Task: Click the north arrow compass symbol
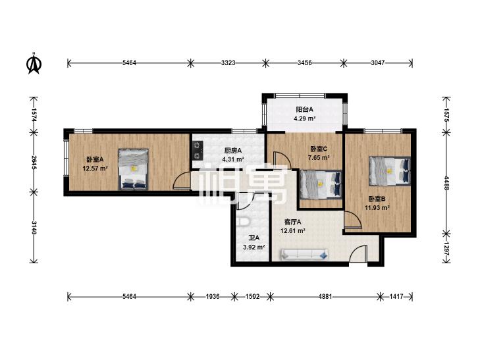pyautogui.click(x=34, y=64)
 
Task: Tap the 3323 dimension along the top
pyautogui.click(x=228, y=63)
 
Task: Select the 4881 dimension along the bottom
pyautogui.click(x=325, y=296)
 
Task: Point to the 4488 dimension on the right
pyautogui.click(x=446, y=183)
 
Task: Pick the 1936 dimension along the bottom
pyautogui.click(x=213, y=296)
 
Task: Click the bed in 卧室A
pyautogui.click(x=134, y=169)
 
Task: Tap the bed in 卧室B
pyautogui.click(x=389, y=171)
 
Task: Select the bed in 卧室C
pyautogui.click(x=321, y=184)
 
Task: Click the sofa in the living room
pyautogui.click(x=305, y=255)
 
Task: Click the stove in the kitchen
pyautogui.click(x=198, y=150)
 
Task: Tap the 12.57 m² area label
pyautogui.click(x=95, y=168)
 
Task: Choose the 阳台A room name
pyautogui.click(x=305, y=109)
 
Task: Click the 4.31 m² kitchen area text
pyautogui.click(x=233, y=159)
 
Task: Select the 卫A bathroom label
pyautogui.click(x=253, y=238)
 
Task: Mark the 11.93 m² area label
pyautogui.click(x=377, y=208)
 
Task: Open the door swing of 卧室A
pyautogui.click(x=182, y=180)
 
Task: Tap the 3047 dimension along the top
pyautogui.click(x=377, y=63)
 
